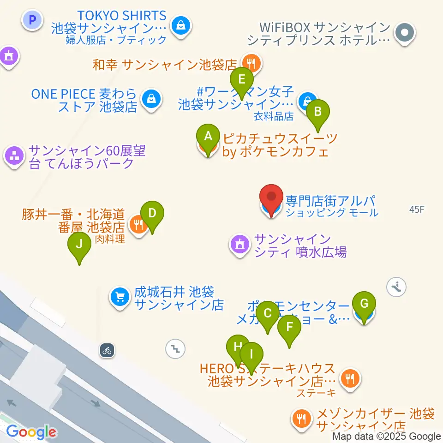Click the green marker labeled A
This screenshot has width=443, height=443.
(208, 137)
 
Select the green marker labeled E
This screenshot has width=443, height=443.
(241, 80)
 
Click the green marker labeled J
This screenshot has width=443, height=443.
(79, 244)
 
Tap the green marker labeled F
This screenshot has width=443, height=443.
(289, 328)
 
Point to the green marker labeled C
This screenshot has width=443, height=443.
(267, 314)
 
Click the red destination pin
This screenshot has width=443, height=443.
(271, 198)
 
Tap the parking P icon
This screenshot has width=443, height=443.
(32, 20)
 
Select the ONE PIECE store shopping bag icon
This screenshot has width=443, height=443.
(151, 99)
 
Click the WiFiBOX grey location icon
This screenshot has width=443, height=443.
(405, 33)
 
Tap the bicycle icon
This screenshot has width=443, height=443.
(107, 350)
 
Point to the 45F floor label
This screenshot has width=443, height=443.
(416, 210)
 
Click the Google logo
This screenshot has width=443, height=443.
(31, 432)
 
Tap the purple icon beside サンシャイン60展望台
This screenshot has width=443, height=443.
(15, 156)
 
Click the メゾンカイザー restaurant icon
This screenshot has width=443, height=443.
(302, 419)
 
